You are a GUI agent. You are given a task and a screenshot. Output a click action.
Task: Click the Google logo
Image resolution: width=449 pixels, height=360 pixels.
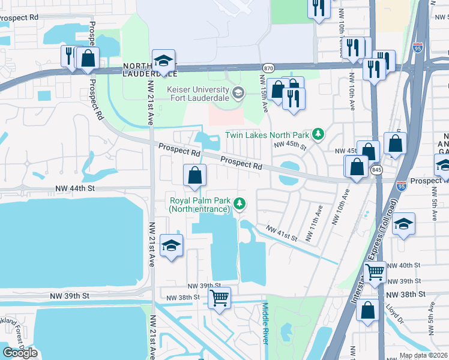click(x=20, y=352)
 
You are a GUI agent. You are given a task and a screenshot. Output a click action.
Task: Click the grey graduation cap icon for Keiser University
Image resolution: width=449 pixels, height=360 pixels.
click(x=238, y=92)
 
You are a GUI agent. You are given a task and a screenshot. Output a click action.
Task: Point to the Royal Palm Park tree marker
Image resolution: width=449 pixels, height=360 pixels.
click(x=240, y=205)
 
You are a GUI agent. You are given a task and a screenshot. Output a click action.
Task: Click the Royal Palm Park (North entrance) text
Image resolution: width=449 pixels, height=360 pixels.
click(x=200, y=205)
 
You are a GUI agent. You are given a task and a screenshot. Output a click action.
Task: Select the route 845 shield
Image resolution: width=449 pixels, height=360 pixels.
click(x=376, y=171)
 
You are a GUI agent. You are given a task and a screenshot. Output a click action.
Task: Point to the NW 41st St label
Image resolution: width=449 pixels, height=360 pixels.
click(x=282, y=234)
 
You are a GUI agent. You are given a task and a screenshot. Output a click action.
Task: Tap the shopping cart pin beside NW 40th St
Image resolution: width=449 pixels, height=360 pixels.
click(x=375, y=271)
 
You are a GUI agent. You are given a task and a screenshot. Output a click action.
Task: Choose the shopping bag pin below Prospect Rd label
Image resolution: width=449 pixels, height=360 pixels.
click(x=194, y=176)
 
